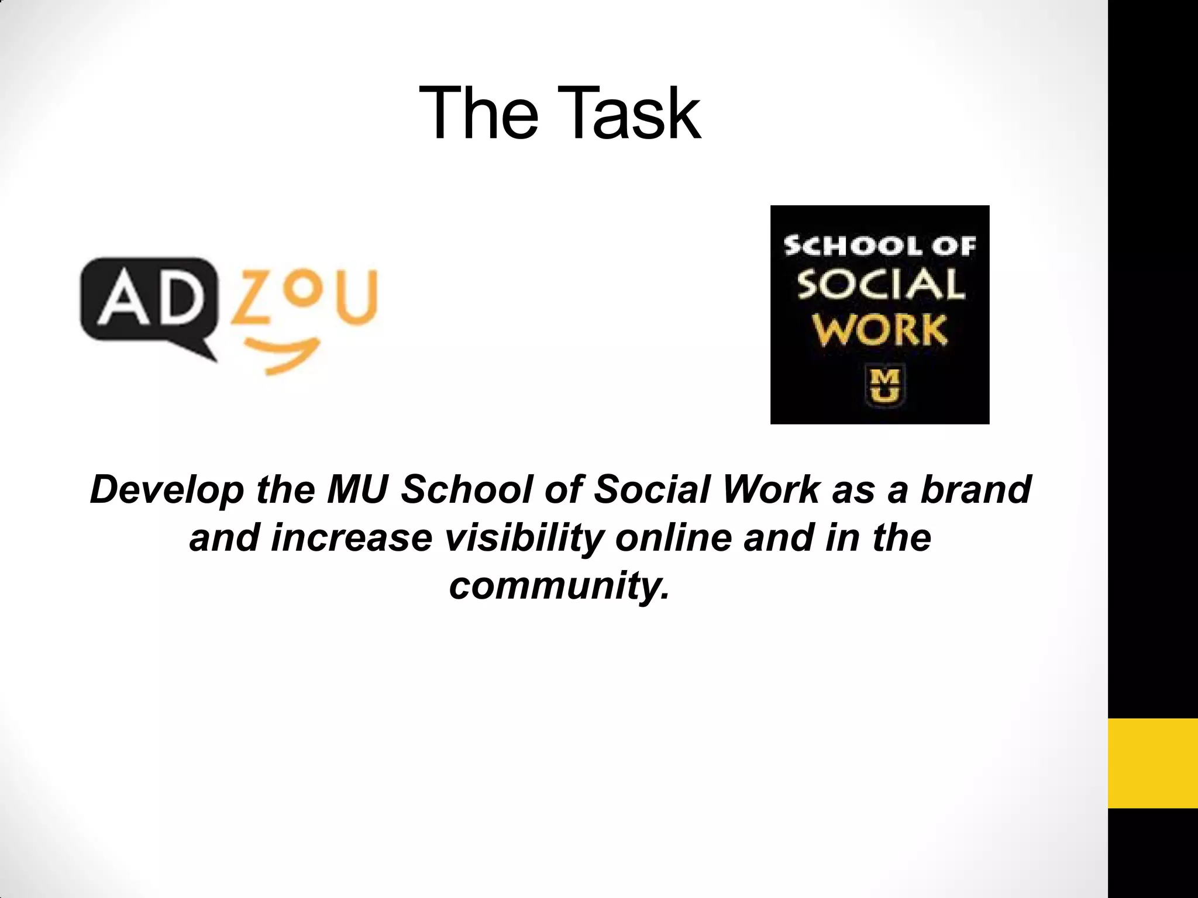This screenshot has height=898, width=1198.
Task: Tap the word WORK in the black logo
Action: click(x=880, y=331)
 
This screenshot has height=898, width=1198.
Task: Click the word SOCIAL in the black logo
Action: click(x=880, y=286)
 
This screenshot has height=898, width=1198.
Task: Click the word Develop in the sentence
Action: click(x=167, y=490)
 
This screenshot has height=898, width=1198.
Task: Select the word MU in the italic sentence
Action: click(x=357, y=490)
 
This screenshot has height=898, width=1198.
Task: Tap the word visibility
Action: click(x=524, y=538)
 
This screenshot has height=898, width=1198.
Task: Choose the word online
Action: click(x=673, y=538)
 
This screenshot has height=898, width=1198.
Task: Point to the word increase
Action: click(x=351, y=538)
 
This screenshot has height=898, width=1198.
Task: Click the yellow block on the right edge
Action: click(x=1152, y=764)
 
